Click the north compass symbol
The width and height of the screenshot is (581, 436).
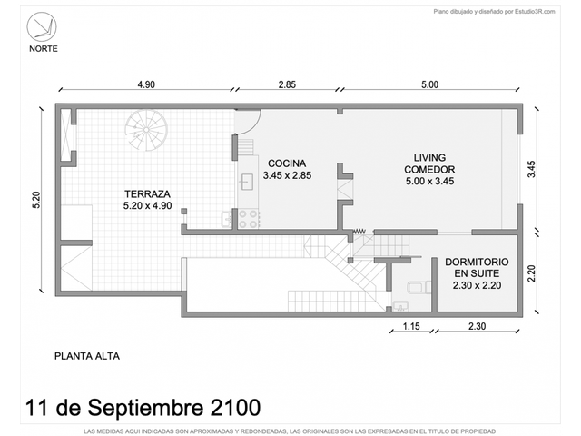tap(42, 26)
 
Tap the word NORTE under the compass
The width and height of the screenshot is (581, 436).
tap(44, 48)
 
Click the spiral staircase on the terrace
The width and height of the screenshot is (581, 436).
tap(146, 130)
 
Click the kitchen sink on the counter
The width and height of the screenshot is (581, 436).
tap(247, 182)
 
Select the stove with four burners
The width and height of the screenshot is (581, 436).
tap(249, 219)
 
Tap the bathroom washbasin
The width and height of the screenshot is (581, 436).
tap(400, 306)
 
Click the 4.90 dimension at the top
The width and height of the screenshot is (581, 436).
tap(146, 84)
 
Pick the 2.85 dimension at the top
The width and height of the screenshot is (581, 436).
tap(287, 84)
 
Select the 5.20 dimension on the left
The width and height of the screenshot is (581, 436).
tap(36, 200)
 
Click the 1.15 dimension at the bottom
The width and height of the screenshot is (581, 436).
tap(411, 326)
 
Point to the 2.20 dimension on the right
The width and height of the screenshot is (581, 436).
tap(531, 273)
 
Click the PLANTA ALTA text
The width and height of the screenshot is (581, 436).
tap(87, 356)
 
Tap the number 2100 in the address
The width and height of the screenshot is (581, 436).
tap(235, 408)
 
